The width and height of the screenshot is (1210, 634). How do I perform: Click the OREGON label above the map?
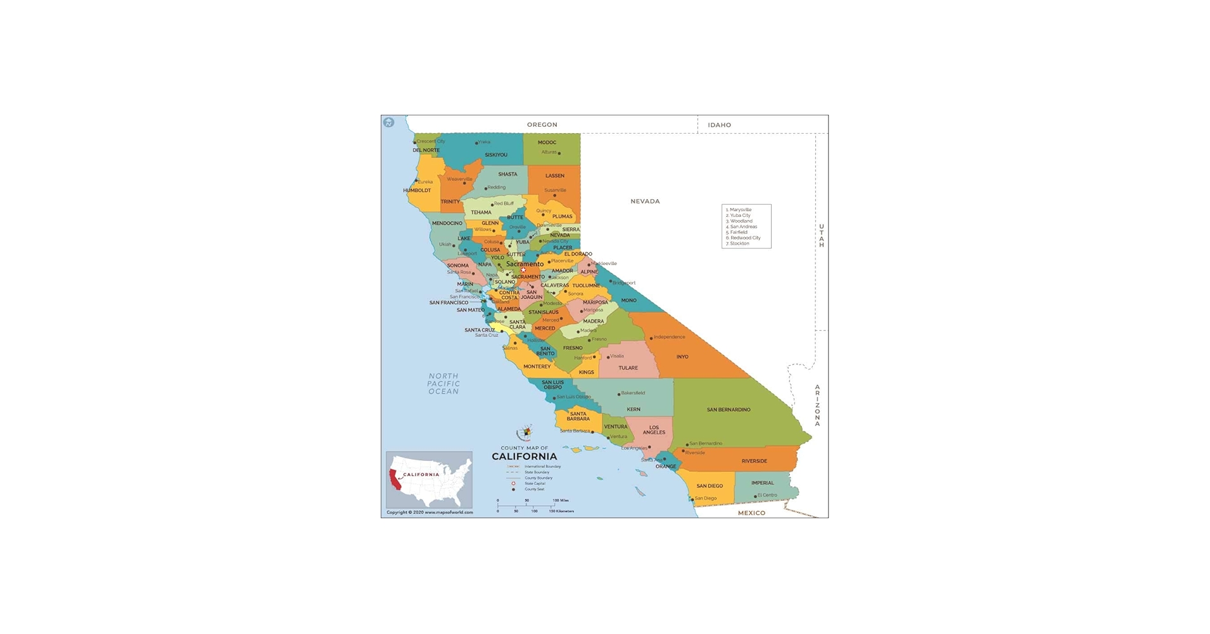coord(542,125)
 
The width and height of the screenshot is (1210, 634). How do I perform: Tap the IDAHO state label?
coord(719,125)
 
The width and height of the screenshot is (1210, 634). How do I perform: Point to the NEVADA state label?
coord(645,201)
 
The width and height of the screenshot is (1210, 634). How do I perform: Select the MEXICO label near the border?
coord(751,513)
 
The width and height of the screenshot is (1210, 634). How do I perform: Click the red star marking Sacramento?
coord(523,270)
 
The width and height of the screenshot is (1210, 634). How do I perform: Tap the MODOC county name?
coord(547,143)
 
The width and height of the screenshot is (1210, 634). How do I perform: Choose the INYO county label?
coord(682,357)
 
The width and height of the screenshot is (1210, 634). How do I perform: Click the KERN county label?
coord(634,410)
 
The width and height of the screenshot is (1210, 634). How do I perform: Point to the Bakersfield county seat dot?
coord(619,394)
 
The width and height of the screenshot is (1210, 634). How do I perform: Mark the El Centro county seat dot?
coord(755,496)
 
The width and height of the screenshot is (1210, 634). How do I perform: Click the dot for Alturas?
coord(559,153)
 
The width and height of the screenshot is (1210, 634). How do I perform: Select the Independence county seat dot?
coord(651,339)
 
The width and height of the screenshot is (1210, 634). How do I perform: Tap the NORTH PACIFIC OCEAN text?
coord(443,384)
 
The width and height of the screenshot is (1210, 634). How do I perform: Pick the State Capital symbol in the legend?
coord(513,484)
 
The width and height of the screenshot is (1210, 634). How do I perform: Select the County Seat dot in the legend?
coord(513,489)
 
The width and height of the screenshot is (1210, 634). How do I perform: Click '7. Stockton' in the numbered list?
coord(738,243)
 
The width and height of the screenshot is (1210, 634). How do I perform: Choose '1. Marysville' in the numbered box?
coord(739,210)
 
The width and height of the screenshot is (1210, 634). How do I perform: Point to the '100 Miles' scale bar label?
coord(560,501)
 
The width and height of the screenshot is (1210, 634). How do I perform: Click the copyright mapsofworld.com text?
coord(430,512)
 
